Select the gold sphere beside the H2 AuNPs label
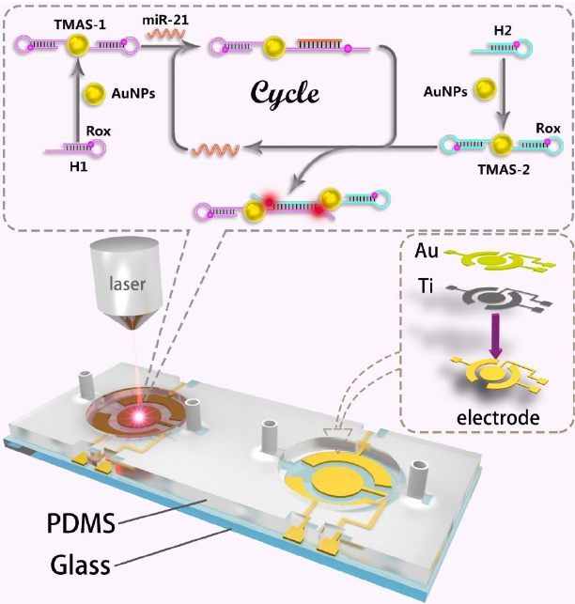coord(484,89)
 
